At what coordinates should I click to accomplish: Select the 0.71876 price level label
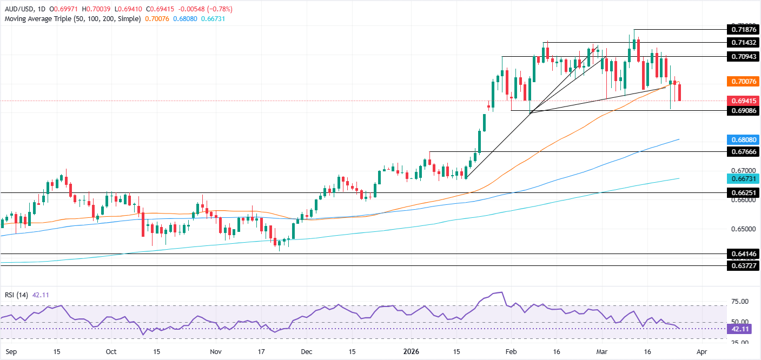click(741, 29)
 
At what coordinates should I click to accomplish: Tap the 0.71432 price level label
click(741, 42)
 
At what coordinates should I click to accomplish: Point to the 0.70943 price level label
click(741, 56)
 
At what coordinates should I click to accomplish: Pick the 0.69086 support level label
click(741, 110)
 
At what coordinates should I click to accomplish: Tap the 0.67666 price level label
click(741, 152)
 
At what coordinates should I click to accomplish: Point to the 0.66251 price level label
click(741, 192)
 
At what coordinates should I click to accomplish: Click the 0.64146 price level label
click(741, 254)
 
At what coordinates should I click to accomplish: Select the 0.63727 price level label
click(741, 266)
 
